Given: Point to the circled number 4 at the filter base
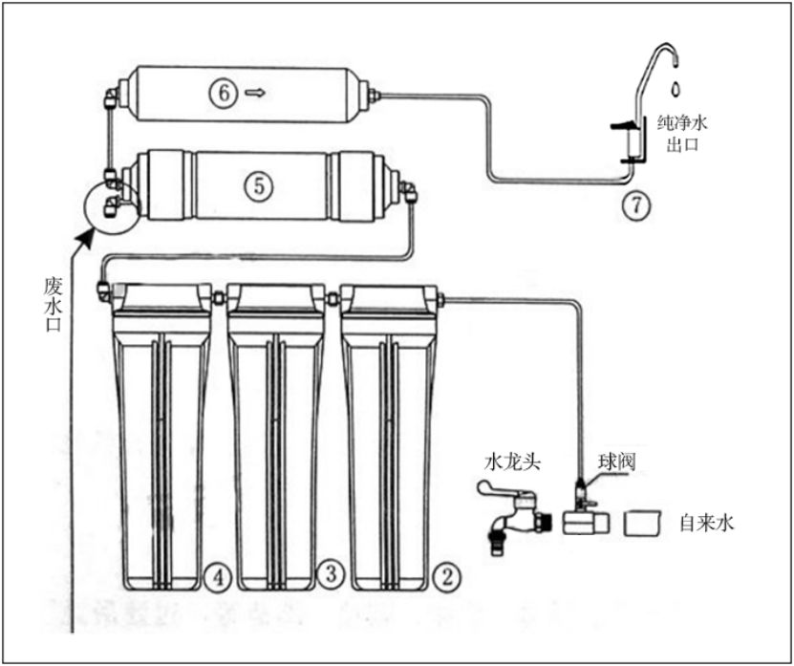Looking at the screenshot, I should [x=218, y=575].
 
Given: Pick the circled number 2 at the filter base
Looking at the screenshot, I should [x=443, y=575].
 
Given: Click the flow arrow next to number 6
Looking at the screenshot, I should [x=255, y=93].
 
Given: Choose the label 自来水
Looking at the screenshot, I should [x=706, y=524].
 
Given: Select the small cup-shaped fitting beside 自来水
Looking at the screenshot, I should [x=643, y=523].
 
